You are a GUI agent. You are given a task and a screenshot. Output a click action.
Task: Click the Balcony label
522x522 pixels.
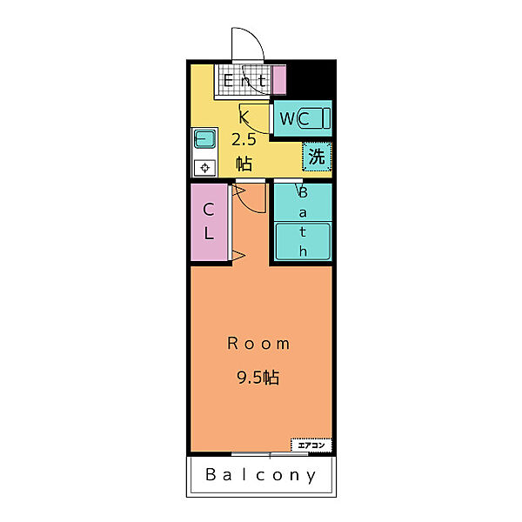pos(261,475)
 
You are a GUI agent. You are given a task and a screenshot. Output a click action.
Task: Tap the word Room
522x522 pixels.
pos(258,344)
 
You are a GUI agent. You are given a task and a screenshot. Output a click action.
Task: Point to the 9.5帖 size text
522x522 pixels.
pos(258,378)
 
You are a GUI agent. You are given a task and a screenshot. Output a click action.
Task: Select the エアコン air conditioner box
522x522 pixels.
pos(311,445)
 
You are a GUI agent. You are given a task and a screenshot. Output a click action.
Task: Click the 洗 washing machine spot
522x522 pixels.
pos(317,157)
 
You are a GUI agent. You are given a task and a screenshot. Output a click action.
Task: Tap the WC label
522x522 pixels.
pos(294,118)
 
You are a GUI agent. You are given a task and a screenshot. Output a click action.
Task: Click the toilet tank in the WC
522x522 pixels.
pos(326,118)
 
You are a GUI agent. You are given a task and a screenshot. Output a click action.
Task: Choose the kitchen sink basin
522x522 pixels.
pos(204,138)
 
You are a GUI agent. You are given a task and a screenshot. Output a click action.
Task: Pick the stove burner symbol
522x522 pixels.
pos(204,167)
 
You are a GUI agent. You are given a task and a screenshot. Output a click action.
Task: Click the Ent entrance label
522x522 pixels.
pos(244,81)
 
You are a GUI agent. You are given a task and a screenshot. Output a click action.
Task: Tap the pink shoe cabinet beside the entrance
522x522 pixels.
pos(279,80)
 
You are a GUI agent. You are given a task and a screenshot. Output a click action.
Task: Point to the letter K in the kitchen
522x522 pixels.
pos(244,117)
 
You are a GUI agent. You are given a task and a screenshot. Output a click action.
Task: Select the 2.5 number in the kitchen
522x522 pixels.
pos(244,139)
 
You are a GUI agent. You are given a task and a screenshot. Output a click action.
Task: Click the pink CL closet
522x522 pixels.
pos(209,222)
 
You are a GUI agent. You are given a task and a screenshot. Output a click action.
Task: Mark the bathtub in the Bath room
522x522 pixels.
pos(303,241)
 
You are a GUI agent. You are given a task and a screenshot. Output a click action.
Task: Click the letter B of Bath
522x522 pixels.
pos(303,192)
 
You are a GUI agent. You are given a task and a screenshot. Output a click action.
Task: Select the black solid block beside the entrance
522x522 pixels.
pos(310,80)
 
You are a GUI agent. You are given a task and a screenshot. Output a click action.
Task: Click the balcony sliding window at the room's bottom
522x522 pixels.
pos(270,454)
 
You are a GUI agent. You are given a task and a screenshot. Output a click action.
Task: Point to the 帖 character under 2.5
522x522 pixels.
pos(244,164)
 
